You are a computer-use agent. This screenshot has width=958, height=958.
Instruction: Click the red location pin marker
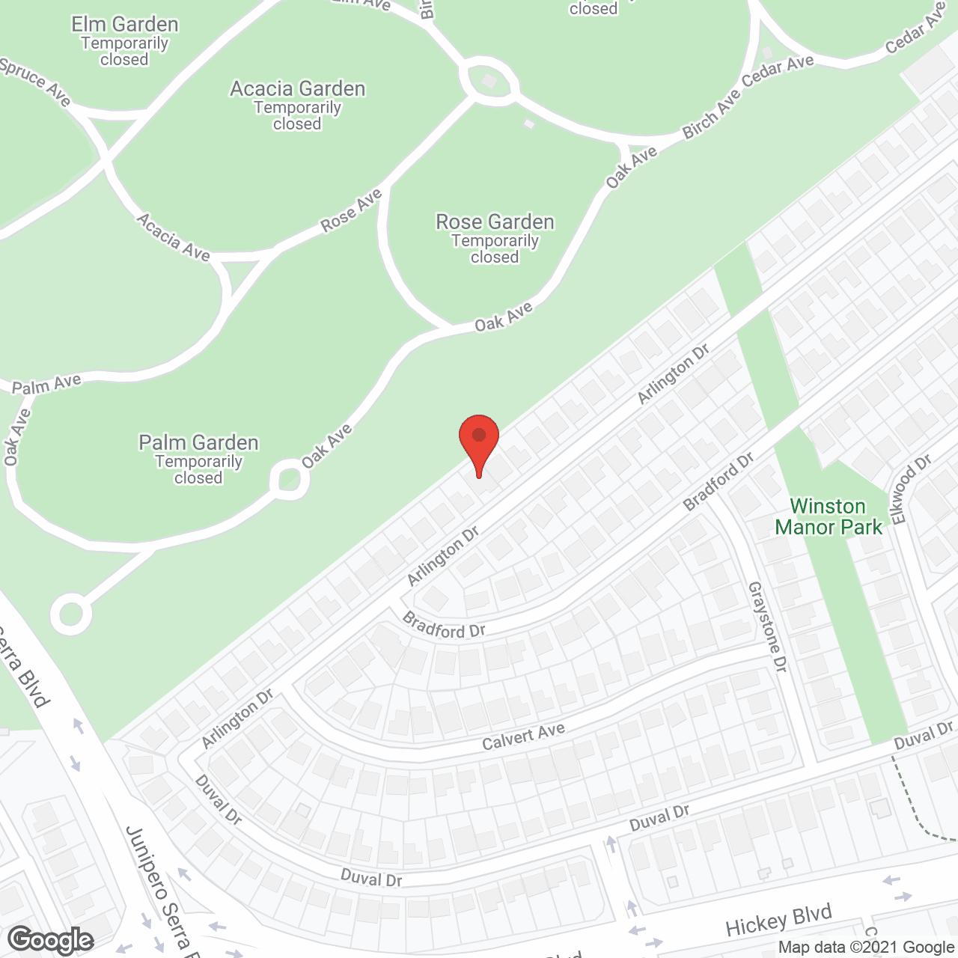[x=479, y=442]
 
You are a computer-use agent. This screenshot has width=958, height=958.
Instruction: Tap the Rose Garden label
[x=495, y=223]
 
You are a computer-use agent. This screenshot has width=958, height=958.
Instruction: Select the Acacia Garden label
[x=297, y=90]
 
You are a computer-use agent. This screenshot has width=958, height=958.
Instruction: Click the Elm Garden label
[x=125, y=25]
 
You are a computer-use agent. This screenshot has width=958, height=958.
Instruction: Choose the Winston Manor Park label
[x=829, y=517]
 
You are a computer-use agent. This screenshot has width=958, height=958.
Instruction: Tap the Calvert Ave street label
[x=523, y=737]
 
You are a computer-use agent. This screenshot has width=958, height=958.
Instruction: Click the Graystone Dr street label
[x=767, y=627]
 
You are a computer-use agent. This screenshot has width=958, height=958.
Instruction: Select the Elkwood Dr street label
[x=909, y=489]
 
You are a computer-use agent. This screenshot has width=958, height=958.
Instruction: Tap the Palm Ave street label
[x=46, y=385]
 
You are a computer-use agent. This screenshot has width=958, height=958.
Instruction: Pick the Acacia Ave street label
[x=173, y=237]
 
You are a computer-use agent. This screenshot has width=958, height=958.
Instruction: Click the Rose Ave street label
[x=352, y=210]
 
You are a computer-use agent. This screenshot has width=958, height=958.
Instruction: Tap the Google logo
[x=51, y=940]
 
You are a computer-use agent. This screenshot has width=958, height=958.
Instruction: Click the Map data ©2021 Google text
[x=867, y=948]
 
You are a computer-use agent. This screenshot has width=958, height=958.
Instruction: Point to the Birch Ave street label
[x=711, y=115]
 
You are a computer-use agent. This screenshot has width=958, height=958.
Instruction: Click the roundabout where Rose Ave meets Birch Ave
[x=489, y=79]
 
